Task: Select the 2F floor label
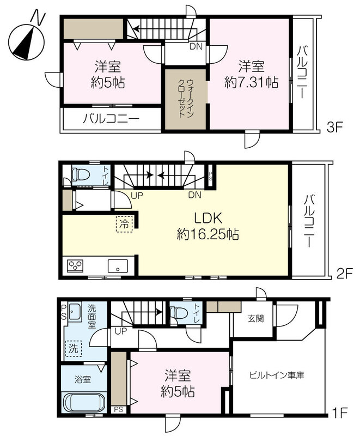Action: pos(344,274)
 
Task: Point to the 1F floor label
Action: pos(340,413)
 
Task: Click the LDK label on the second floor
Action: pos(208,219)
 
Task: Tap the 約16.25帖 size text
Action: pos(208,235)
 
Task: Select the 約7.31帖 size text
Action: pos(251,82)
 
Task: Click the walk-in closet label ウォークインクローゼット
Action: pos(186,99)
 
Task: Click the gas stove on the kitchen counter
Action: pos(75,265)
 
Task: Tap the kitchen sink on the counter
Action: pos(118,266)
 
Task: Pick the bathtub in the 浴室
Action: pos(84,402)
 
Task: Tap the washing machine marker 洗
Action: pos(74,349)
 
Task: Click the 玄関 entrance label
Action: pos(255,319)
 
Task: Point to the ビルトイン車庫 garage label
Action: pos(277,375)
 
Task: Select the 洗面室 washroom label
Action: pos(91,316)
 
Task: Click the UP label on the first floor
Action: pos(120,331)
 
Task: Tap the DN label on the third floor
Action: pos(196,46)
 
